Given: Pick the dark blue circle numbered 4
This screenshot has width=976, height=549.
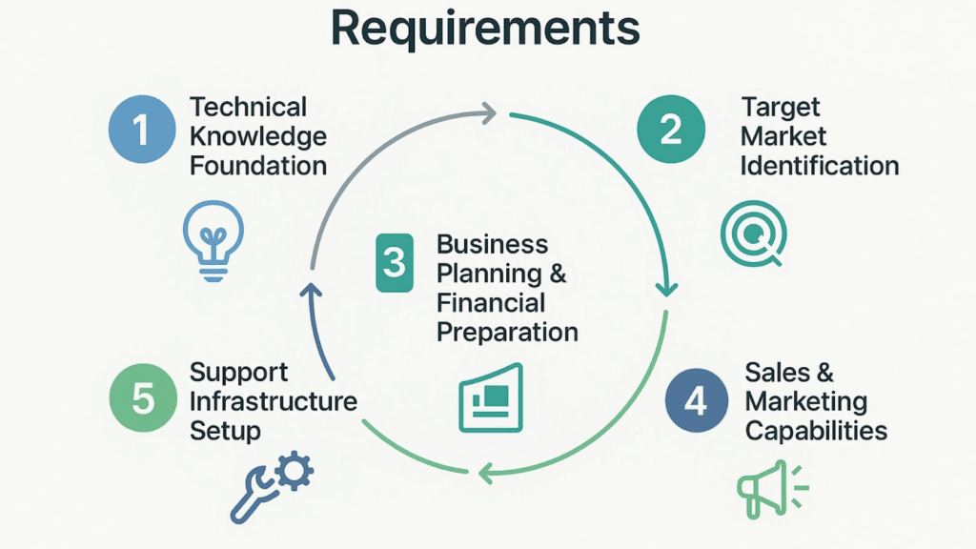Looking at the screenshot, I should pyautogui.click(x=697, y=401).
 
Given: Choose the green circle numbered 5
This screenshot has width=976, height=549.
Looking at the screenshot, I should pyautogui.click(x=142, y=397).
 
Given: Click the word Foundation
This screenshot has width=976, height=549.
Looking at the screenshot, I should pyautogui.click(x=258, y=165).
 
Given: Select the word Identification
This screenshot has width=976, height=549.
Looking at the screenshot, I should pyautogui.click(x=819, y=165).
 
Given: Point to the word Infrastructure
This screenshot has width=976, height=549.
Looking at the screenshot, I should pyautogui.click(x=273, y=400).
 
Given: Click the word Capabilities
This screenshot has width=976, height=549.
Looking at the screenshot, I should pyautogui.click(x=816, y=430).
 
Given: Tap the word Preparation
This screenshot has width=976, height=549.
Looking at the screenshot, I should pyautogui.click(x=507, y=332).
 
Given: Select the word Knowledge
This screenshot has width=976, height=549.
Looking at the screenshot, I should pyautogui.click(x=258, y=135).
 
